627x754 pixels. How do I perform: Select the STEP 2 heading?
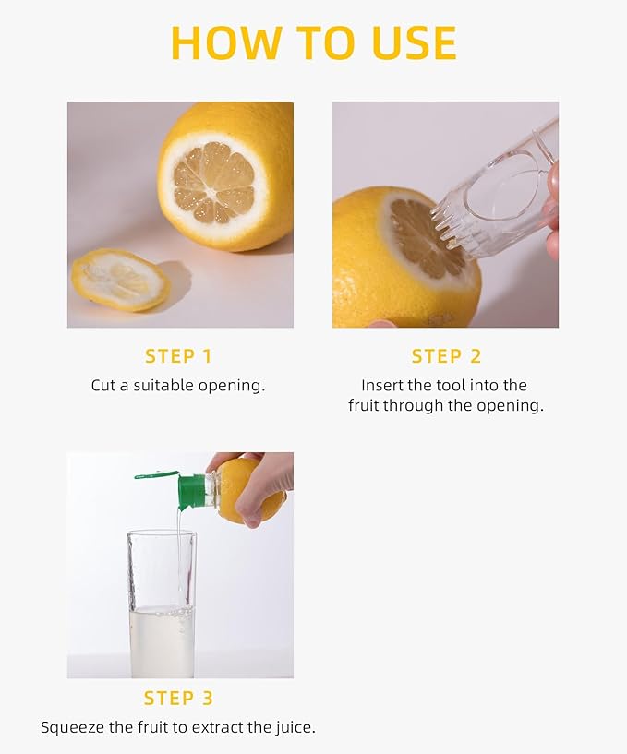[447, 356]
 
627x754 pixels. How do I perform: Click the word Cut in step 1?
[103, 386]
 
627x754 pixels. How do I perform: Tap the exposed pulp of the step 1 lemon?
[213, 180]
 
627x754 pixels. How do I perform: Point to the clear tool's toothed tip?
[452, 222]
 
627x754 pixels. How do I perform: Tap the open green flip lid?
[156, 475]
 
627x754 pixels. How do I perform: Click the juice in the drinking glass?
[162, 641]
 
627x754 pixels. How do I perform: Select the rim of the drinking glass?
[162, 533]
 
